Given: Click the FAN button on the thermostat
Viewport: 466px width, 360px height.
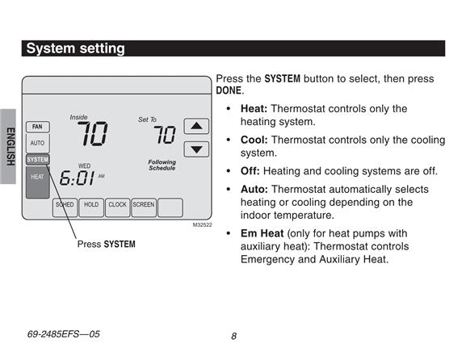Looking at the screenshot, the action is [38, 127].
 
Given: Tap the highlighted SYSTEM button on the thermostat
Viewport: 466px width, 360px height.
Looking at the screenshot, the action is [38, 160].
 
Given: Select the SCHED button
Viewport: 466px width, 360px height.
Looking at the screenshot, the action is [65, 207].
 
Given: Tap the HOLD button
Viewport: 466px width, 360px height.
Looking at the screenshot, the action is [91, 207].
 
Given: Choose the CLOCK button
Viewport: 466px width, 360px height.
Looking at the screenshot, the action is [117, 207].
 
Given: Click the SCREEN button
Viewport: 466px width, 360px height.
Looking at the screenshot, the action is [144, 207].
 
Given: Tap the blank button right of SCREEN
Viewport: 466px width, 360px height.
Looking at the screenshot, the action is [170, 207].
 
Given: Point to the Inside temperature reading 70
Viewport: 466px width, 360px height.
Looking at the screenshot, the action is [92, 134].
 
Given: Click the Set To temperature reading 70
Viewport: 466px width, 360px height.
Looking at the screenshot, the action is [165, 135].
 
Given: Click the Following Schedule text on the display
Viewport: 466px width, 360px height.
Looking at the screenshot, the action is [162, 165].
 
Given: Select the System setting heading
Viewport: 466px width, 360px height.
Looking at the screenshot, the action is [75, 48].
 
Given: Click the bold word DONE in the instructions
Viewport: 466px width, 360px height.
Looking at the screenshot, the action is [229, 90].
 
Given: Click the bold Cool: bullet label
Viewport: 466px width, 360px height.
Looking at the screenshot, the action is [254, 140].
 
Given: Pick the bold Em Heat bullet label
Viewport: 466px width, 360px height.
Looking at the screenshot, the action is [262, 233].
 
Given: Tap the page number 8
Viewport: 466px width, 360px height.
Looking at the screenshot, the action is [234, 336].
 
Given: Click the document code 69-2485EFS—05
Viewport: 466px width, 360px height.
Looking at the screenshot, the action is [63, 334].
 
